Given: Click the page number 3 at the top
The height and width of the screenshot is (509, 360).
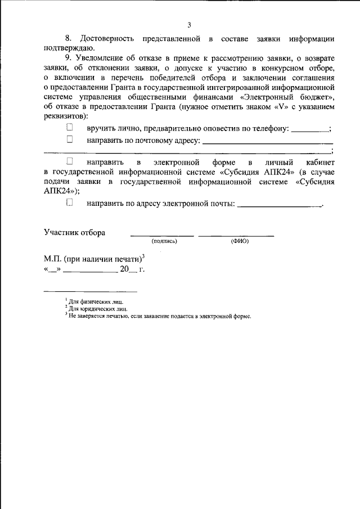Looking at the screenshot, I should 190,25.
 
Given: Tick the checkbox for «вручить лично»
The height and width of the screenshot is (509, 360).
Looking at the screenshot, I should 70,129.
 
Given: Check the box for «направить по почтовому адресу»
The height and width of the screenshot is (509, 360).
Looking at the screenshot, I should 70,139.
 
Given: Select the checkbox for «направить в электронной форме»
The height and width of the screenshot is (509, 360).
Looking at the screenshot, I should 70,161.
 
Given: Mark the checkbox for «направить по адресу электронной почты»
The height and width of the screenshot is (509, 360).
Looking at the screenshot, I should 70,203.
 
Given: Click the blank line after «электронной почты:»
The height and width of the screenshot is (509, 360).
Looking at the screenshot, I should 280,206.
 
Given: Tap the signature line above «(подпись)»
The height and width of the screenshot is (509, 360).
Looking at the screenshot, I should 162,235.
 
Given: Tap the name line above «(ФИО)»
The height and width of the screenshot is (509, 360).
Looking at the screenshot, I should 236,235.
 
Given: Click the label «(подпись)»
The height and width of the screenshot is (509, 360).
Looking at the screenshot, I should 164,241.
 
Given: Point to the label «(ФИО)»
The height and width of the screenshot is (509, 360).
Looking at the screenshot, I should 240,241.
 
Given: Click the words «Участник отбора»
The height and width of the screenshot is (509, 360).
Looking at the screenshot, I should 74,232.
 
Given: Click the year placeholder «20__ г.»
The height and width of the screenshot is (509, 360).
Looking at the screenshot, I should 132,269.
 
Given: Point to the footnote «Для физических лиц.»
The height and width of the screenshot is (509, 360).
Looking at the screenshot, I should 92,302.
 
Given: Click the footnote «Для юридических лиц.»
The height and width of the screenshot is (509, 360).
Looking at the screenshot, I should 94,309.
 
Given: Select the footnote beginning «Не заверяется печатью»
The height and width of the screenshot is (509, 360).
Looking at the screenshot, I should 159,316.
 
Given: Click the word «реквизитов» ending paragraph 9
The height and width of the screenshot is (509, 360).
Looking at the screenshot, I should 65,115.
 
